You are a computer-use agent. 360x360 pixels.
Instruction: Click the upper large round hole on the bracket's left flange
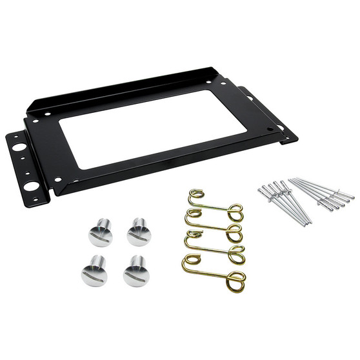pos(19,146)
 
